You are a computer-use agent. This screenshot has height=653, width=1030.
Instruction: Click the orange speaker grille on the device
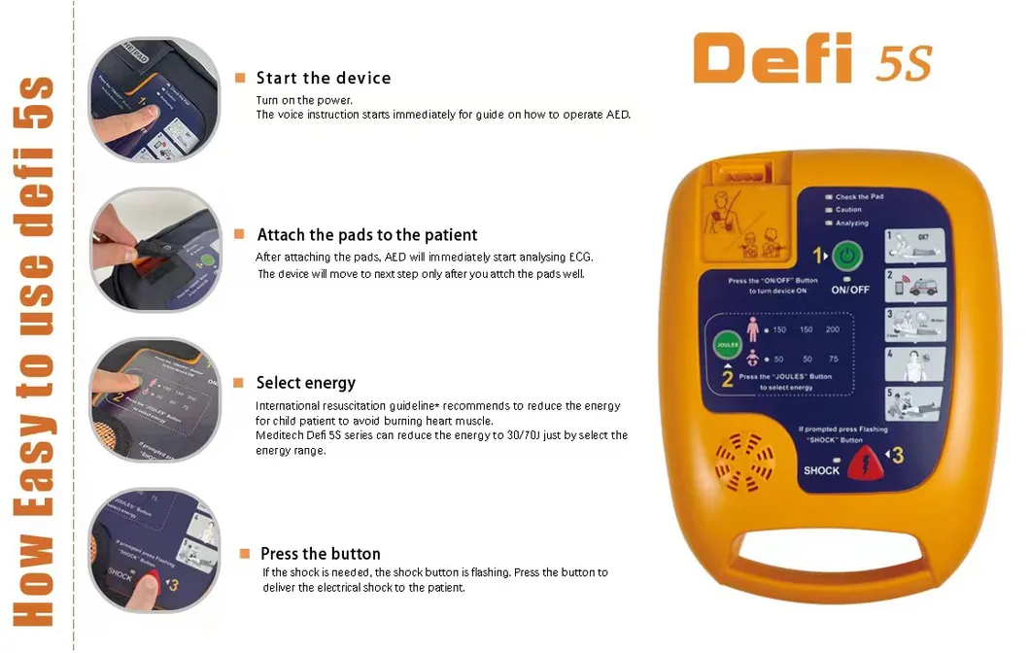click(x=747, y=465)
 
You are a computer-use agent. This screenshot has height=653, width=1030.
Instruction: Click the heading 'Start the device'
click(x=324, y=78)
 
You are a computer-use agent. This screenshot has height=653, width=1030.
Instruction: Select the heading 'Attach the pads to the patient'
click(x=367, y=235)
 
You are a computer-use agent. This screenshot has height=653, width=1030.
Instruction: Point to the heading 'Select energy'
click(x=306, y=383)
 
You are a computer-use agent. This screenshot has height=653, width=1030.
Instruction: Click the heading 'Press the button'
click(x=321, y=554)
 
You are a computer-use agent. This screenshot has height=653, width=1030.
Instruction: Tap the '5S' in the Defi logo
click(x=904, y=63)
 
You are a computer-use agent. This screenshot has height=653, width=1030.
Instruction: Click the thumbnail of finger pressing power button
click(x=147, y=98)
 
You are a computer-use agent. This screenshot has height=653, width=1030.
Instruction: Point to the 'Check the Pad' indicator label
click(x=859, y=197)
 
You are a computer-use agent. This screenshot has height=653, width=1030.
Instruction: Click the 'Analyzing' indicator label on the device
click(x=852, y=223)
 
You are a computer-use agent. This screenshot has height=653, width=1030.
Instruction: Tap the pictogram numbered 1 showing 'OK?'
click(x=915, y=246)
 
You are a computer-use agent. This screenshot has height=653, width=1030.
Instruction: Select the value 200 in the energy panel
click(x=833, y=330)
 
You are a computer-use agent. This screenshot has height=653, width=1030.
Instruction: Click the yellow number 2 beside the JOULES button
click(x=727, y=380)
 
